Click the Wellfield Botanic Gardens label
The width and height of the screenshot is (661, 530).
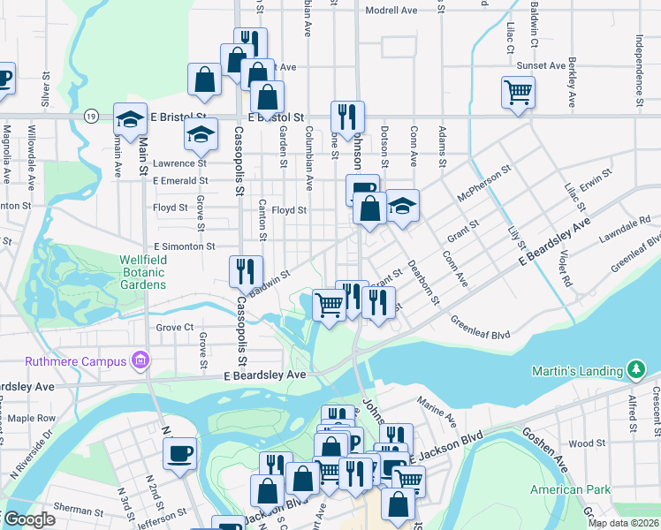tap(143, 272)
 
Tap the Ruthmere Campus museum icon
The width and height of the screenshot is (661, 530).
tap(139, 360)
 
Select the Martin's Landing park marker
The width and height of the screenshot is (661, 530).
tap(634, 367)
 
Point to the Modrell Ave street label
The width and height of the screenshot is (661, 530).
tap(391, 11)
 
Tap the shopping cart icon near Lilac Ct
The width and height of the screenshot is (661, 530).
tap(517, 91)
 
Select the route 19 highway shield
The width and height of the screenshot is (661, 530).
tap(91, 116)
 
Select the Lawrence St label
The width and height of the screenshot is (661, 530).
tap(179, 163)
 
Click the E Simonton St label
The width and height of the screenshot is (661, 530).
tap(184, 247)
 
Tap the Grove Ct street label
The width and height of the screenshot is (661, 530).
tap(174, 327)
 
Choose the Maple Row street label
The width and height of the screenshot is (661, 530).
tap(32, 418)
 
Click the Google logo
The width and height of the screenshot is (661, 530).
tap(29, 519)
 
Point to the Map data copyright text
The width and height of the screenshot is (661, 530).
tap(623, 523)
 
